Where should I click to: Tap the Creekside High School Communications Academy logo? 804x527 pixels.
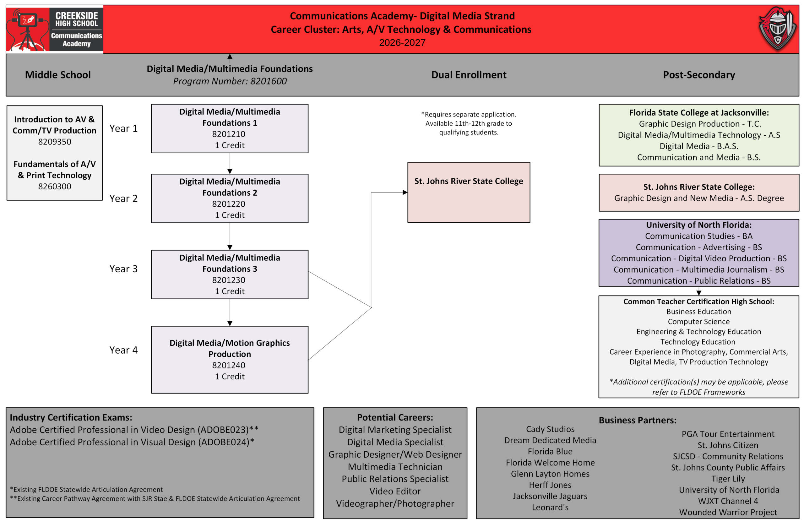pos(55,30)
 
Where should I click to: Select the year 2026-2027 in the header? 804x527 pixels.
pos(402,43)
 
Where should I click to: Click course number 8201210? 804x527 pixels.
pos(229,134)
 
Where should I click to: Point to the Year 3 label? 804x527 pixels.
pos(124,269)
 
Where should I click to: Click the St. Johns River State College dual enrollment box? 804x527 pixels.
pos(469,192)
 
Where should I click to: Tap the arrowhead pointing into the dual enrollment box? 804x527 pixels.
pos(405,193)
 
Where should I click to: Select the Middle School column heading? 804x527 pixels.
pos(58,75)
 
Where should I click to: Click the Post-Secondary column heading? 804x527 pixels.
pos(699,75)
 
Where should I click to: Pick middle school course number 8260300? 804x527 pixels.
pos(55,187)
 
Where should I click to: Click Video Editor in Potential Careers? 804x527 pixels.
pos(395,491)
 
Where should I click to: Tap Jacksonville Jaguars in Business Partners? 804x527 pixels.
pos(550,496)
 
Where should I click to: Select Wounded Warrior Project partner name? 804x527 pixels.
pos(728,512)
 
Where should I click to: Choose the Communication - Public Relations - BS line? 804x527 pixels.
pos(699,281)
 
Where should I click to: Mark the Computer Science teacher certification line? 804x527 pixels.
pos(698,322)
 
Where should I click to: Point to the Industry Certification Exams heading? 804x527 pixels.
pos(71,417)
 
